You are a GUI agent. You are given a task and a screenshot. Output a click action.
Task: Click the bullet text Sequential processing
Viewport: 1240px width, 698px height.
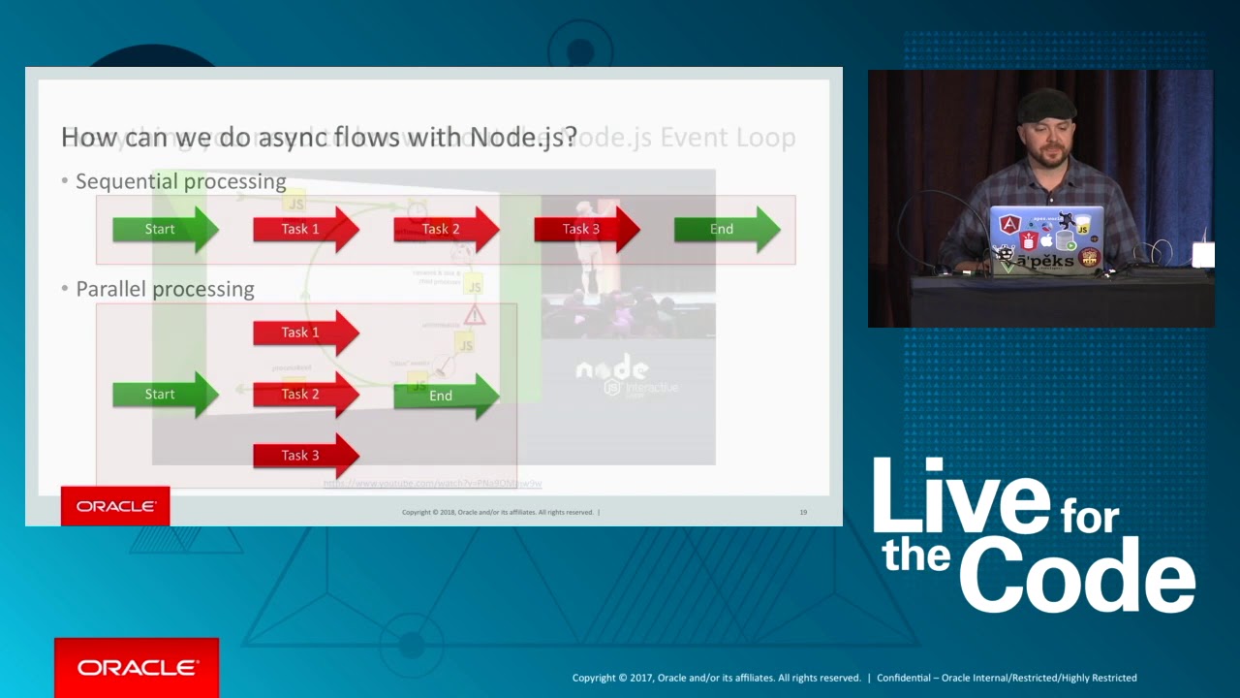pyautogui.click(x=180, y=182)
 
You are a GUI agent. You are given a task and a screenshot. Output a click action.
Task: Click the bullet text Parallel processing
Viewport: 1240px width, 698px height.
pyautogui.click(x=165, y=289)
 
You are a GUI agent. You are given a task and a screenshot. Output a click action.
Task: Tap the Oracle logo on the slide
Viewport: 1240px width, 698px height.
pyautogui.click(x=115, y=506)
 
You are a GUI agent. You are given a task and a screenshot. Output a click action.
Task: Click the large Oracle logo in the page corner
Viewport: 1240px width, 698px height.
pyautogui.click(x=137, y=668)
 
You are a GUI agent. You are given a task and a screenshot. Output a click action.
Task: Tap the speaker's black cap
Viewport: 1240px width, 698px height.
pyautogui.click(x=1046, y=105)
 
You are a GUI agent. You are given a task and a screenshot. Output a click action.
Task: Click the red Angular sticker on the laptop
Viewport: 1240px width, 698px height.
pyautogui.click(x=1009, y=224)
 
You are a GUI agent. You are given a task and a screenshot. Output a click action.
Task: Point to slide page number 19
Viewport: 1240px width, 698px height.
pyautogui.click(x=803, y=512)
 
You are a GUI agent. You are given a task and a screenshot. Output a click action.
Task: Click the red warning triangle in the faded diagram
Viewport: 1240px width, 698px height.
pyautogui.click(x=474, y=315)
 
